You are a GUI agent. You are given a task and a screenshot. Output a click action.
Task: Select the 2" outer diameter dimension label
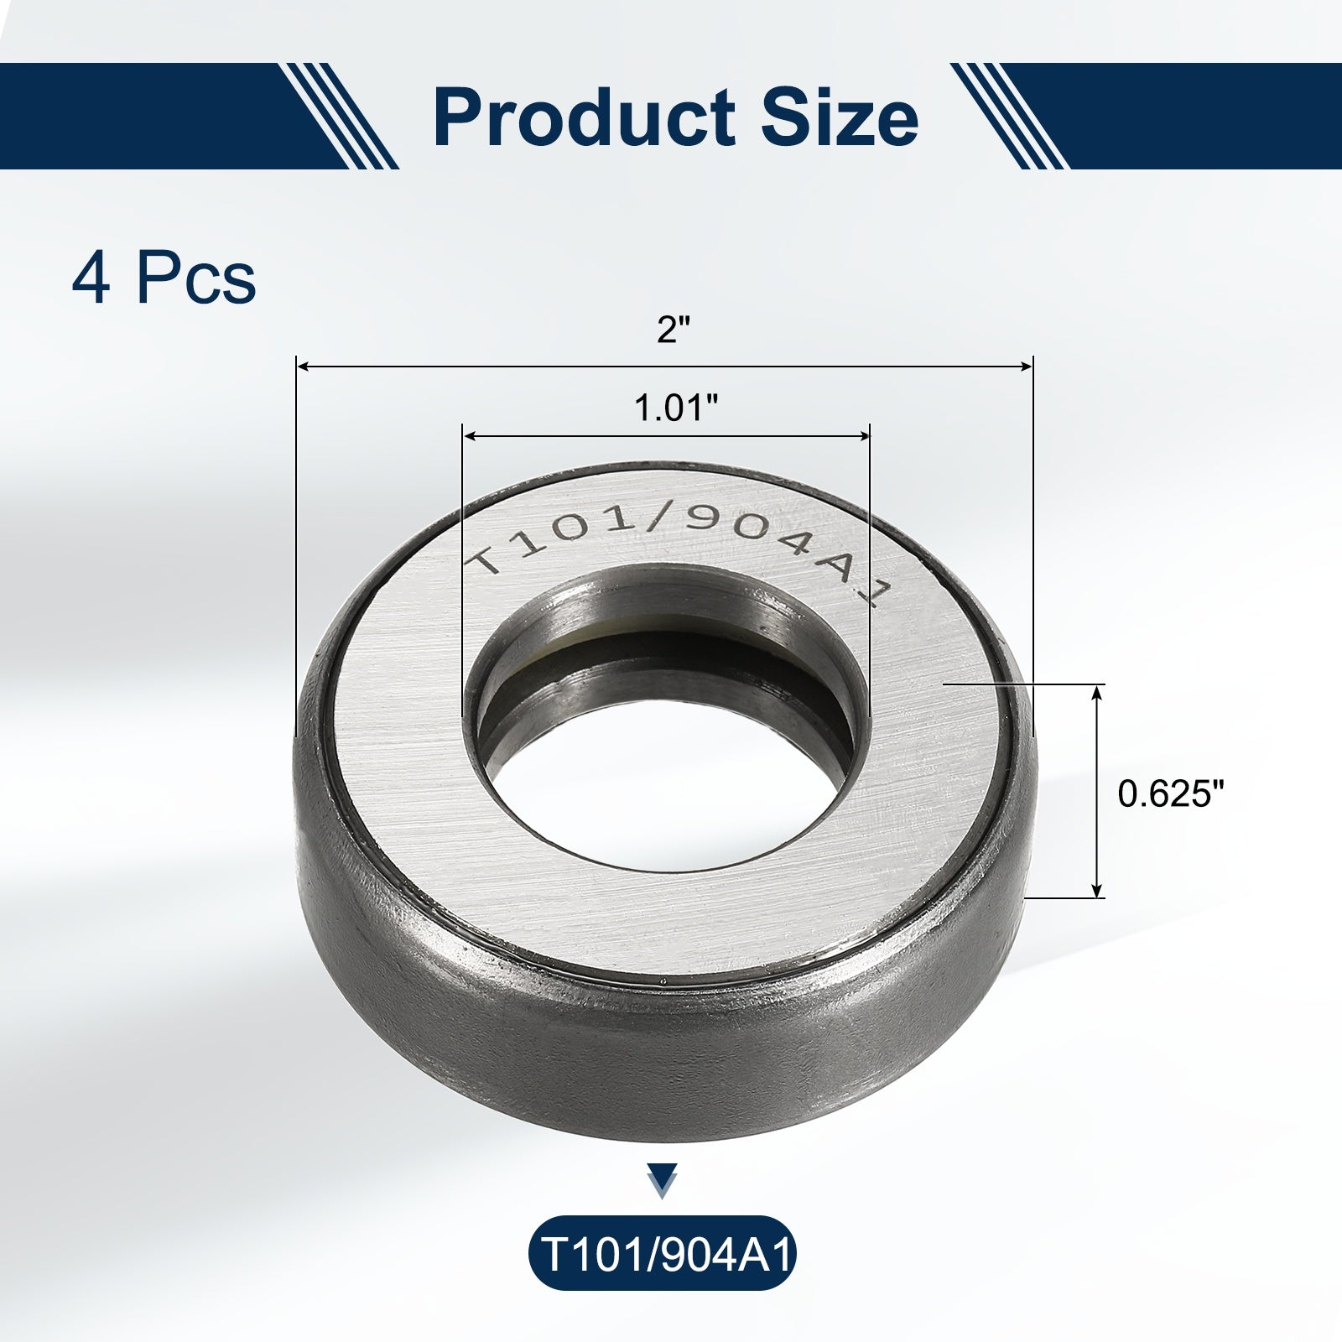point(665,330)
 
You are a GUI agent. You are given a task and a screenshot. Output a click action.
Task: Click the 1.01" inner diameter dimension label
point(676,408)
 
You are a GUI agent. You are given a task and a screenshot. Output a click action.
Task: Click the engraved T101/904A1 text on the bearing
point(676,549)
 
